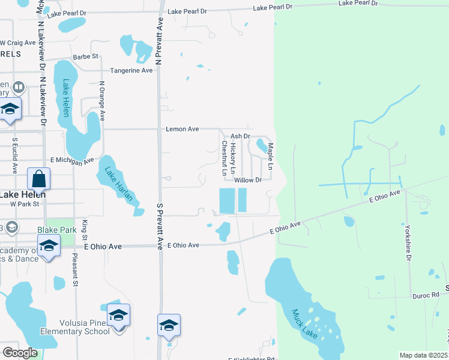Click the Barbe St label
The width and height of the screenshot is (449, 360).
86,56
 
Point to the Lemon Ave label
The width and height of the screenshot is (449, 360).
182,129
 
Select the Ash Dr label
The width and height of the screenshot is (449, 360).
240,137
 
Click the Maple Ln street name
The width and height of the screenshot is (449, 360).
271,155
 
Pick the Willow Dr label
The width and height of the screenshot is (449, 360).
248,180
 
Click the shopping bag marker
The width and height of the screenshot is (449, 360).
38,179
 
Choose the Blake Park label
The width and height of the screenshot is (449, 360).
57,230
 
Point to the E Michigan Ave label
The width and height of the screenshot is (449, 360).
73,160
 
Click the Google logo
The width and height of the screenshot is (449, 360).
19,353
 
